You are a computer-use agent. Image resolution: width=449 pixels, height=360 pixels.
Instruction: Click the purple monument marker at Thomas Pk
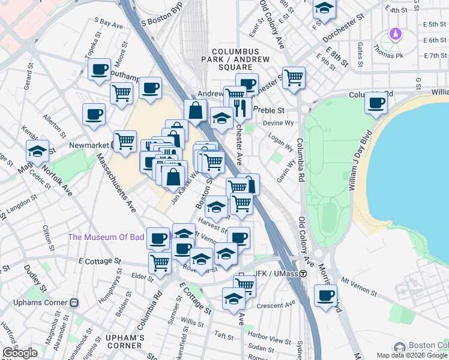click(396, 34)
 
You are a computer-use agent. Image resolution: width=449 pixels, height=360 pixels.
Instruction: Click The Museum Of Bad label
click(106, 237)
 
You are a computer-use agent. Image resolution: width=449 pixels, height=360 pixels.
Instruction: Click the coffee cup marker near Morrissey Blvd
click(325, 296)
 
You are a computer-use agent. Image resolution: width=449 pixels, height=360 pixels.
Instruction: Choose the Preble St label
click(268, 110)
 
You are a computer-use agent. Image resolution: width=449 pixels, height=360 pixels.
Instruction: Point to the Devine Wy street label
click(281, 123)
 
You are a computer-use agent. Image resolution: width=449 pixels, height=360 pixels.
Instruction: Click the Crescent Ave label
click(273, 305)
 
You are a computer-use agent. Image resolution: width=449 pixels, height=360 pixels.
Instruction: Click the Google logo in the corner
click(20, 352)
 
